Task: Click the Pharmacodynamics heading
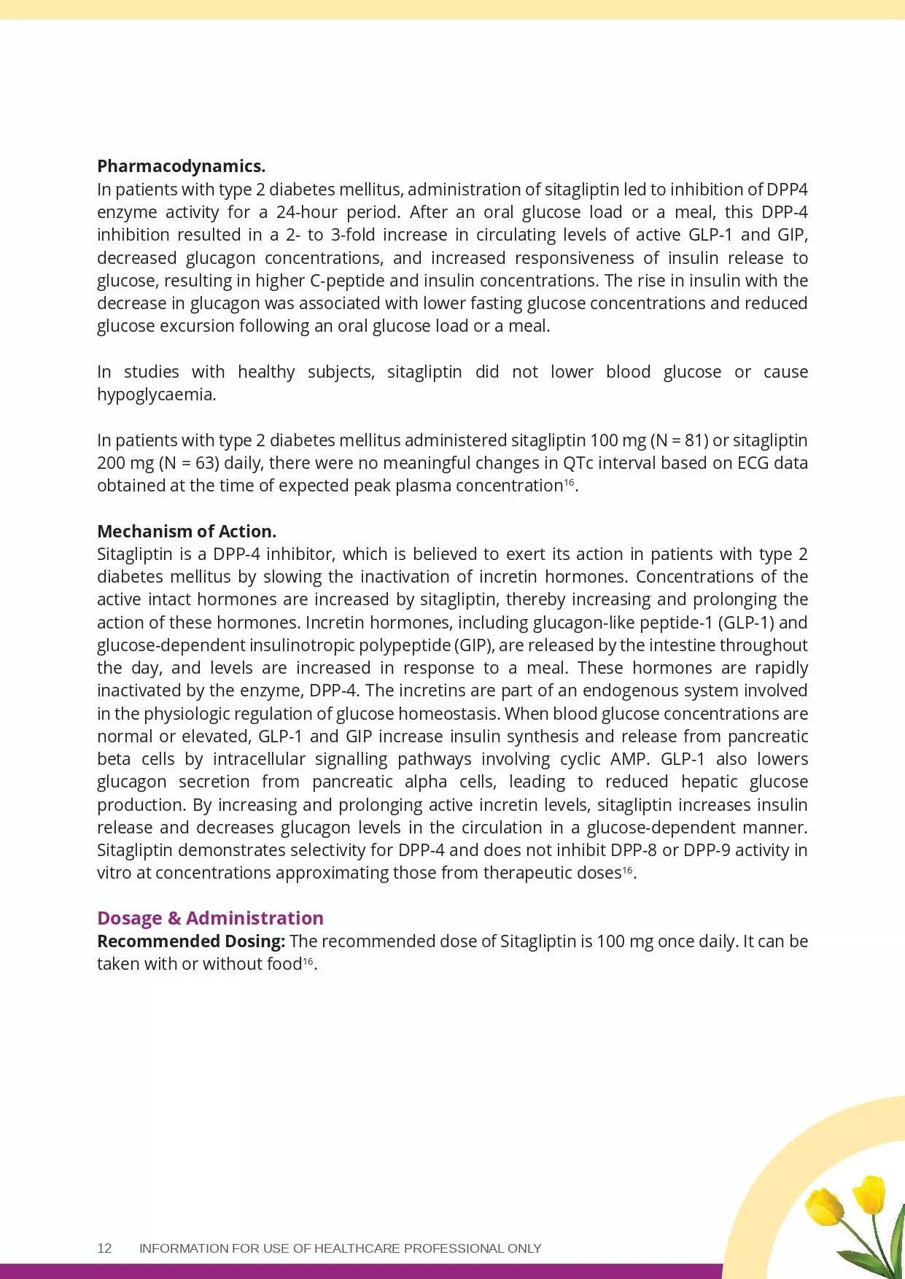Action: pos(181,166)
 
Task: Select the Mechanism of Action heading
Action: pos(187,531)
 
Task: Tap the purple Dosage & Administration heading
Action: pos(210,918)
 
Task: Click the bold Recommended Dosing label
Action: pos(191,941)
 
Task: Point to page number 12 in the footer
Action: pos(104,1248)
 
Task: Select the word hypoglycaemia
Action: pos(156,394)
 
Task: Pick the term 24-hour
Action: pos(306,212)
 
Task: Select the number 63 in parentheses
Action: pos(204,463)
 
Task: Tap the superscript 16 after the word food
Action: pos(308,961)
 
